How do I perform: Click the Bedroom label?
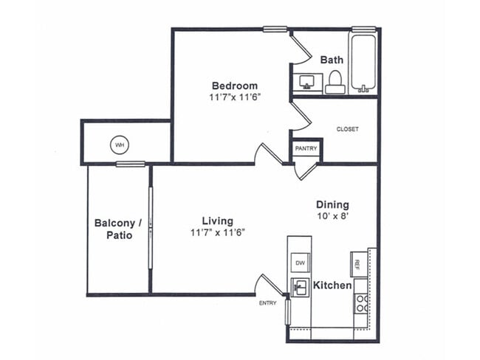[235, 85]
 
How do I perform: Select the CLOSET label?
[347, 129]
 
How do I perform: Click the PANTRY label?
[306, 148]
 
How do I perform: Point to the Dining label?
[332, 204]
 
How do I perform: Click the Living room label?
[217, 221]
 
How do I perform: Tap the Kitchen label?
[332, 285]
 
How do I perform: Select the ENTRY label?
[267, 302]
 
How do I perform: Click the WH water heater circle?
[120, 145]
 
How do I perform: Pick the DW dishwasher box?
[301, 263]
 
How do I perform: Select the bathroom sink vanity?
[307, 81]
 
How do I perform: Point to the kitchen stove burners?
[361, 302]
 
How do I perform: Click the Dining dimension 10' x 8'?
[332, 217]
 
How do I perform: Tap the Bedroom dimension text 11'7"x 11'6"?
[235, 97]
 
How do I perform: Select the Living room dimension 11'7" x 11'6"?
[217, 232]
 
